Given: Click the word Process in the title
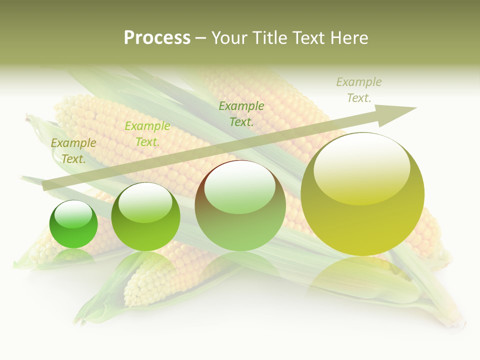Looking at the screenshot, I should point(157,38).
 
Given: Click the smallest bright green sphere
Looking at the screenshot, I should point(73,224).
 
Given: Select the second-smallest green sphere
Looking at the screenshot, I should point(145,217).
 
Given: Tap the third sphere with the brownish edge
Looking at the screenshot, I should point(240,205).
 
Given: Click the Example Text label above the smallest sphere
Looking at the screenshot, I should point(73,151).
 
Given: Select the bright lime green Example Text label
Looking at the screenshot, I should point(147,134).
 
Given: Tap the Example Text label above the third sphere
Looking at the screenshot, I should point(241,113).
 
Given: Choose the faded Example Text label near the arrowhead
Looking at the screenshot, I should point(358,90).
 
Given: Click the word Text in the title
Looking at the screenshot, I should point(307,38).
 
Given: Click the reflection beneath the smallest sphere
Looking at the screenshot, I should point(73,256).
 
